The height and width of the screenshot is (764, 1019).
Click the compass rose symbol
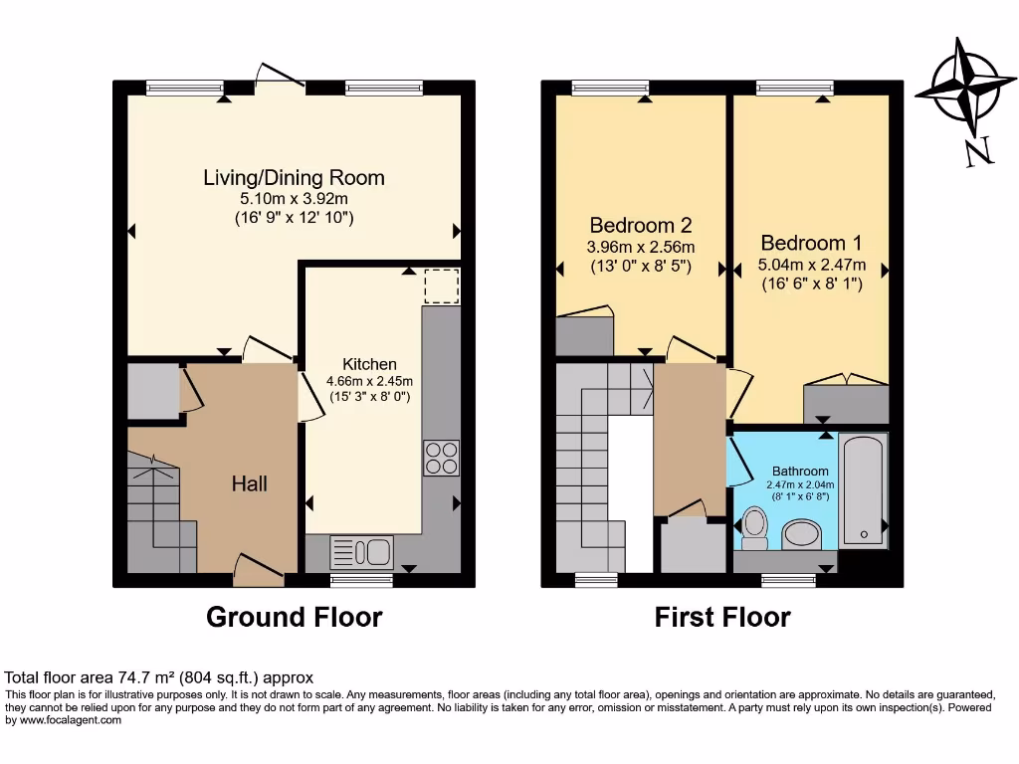(959, 91)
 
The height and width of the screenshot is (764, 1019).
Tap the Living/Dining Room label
(294, 178)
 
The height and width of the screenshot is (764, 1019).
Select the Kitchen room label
(369, 364)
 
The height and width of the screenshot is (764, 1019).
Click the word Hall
(249, 484)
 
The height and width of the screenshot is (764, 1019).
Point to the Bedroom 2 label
(640, 225)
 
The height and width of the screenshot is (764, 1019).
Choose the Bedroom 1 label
(811, 243)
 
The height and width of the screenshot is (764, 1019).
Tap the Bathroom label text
(800, 471)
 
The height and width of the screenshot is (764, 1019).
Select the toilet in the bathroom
(755, 527)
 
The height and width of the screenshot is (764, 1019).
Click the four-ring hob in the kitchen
(441, 457)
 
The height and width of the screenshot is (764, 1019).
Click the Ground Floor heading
(294, 617)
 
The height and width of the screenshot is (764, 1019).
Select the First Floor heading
(721, 617)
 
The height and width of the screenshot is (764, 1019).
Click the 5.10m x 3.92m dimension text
(294, 198)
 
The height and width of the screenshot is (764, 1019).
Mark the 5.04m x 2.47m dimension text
(811, 265)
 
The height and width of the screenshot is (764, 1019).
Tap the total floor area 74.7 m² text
(159, 675)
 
